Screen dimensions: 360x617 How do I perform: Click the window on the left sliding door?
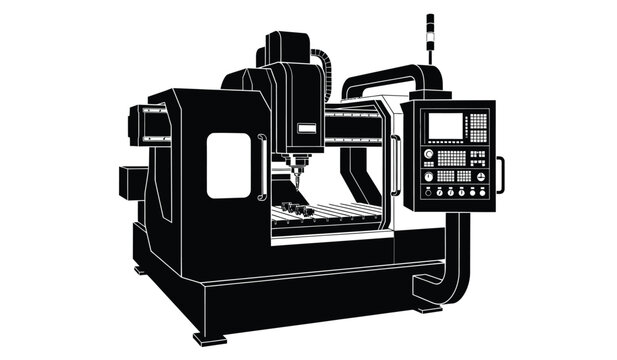pyautogui.click(x=228, y=165)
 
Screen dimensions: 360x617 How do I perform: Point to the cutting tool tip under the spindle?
pyautogui.click(x=295, y=181)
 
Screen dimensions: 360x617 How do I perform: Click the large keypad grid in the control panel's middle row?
pyautogui.click(x=453, y=158)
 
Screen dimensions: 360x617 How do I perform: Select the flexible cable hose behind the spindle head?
pyautogui.click(x=324, y=75)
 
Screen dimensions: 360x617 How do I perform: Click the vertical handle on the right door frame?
pyautogui.click(x=395, y=165)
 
